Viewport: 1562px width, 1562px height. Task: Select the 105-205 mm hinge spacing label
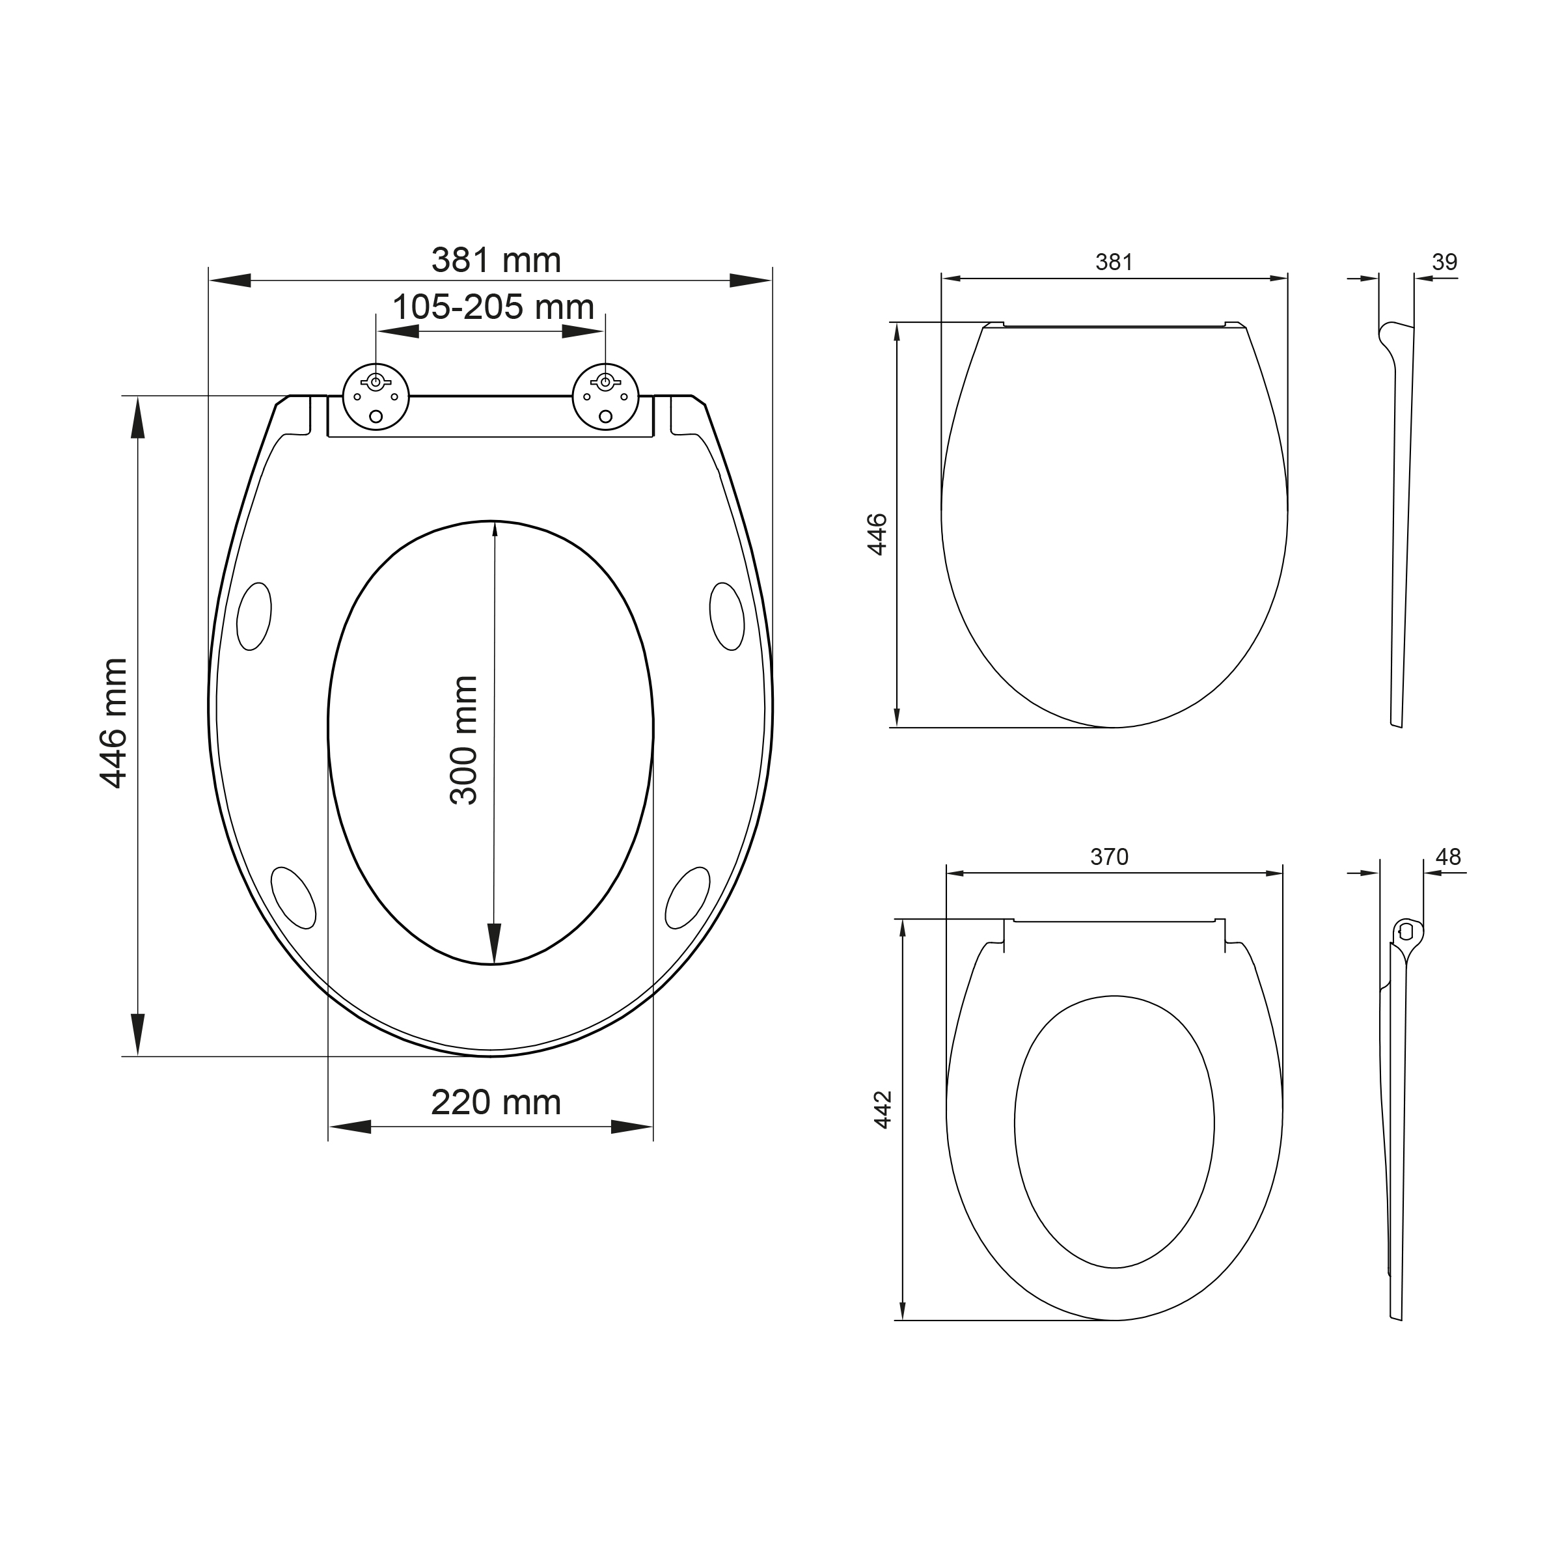pyautogui.click(x=493, y=307)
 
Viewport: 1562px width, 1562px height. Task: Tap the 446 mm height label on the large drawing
pyautogui.click(x=114, y=723)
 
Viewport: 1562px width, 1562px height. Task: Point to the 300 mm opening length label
pyautogui.click(x=464, y=741)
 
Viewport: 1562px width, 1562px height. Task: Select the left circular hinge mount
pyautogui.click(x=376, y=396)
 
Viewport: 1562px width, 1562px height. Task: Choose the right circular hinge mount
pyautogui.click(x=605, y=396)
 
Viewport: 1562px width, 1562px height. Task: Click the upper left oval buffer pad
pyautogui.click(x=254, y=616)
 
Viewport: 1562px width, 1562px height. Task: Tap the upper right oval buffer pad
pyautogui.click(x=727, y=616)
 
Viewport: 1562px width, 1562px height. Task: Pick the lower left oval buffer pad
pyautogui.click(x=294, y=898)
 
